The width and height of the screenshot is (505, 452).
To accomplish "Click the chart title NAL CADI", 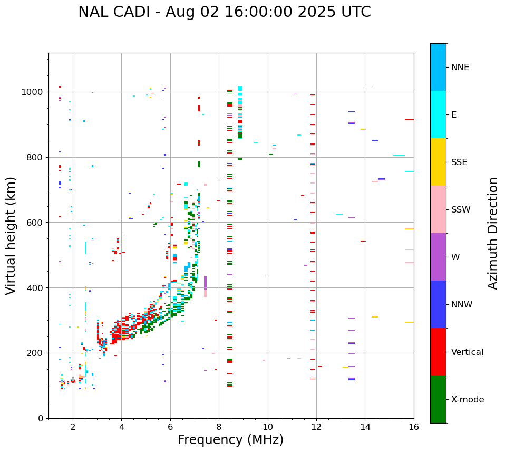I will coord(224,12).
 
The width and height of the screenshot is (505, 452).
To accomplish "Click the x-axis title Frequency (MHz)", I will coord(230,440).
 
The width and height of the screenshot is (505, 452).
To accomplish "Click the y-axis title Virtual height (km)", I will coord(11,236).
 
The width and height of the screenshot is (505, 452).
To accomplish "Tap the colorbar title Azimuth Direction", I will coord(493,233).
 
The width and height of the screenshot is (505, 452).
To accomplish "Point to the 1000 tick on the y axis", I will coord(34,92).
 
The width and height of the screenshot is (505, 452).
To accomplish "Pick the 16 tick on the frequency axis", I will coord(414,427).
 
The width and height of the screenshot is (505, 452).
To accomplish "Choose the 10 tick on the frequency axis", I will coord(268,427).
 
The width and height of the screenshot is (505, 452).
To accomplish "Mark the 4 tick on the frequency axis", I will coord(121,427).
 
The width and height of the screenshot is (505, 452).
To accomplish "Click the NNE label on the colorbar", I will coord(460,68).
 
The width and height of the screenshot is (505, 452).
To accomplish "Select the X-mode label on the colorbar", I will coord(468,400).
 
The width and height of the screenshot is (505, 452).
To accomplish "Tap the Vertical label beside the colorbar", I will coord(467,352).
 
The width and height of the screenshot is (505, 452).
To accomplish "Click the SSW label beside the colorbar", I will coord(461,210).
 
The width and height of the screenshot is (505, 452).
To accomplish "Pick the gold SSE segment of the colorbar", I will coord(438,162).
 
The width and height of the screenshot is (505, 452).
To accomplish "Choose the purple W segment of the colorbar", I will coord(438,257).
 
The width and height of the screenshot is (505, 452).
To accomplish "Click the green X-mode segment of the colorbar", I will coord(438,399).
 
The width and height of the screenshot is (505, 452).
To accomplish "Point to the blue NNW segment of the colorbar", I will coord(438,304).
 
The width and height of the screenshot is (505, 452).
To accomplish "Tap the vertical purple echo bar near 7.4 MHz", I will coord(205,283).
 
